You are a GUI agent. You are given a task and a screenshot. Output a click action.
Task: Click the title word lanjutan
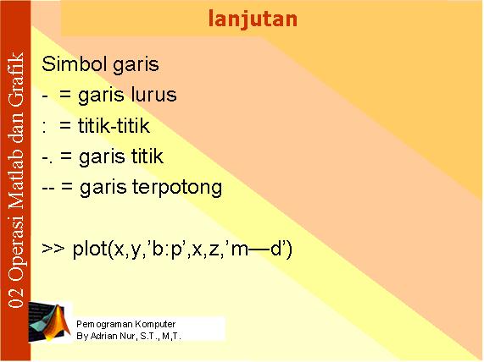coord(253,19)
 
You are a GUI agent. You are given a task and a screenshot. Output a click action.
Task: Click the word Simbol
coord(75,64)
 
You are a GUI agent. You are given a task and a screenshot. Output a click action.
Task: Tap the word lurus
coord(153,95)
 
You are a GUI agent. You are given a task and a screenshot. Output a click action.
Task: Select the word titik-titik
coord(114,125)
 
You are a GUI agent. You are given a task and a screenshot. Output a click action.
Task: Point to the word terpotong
coord(177,188)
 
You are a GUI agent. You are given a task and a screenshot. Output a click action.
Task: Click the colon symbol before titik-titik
coord(44,127)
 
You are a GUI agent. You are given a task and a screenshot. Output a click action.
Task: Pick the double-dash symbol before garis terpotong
coord(48,188)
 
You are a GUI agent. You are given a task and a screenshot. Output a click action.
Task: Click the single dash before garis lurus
coord(45,96)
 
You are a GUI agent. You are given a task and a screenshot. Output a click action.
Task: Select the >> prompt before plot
coord(53,248)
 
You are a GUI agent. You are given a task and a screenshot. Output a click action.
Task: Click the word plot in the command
coord(90,249)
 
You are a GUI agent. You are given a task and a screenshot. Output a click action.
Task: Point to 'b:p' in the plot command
coord(167,250)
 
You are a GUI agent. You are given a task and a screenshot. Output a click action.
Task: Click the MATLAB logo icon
coord(49,322)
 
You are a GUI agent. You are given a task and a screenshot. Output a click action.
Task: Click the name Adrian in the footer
coord(104,336)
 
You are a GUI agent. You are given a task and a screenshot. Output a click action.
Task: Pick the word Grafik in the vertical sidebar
coord(16,80)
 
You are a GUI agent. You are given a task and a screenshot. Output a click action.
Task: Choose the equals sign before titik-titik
coord(65,126)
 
